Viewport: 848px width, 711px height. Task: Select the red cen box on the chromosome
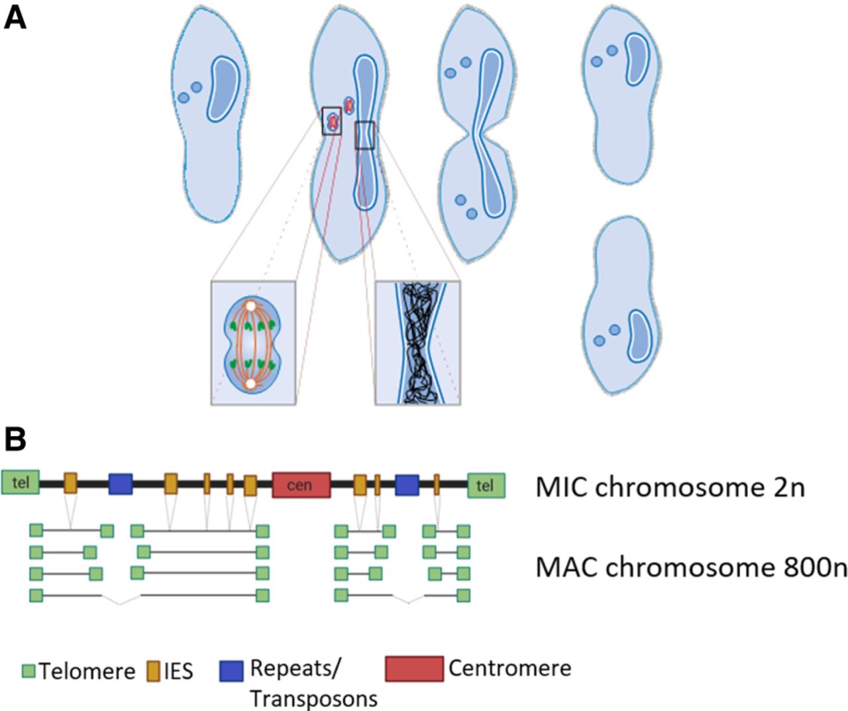point(301,484)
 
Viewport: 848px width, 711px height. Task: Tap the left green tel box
point(21,483)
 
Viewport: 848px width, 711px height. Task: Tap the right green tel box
point(486,485)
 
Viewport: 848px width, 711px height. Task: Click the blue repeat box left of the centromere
point(121,484)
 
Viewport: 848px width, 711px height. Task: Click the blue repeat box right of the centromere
point(407,484)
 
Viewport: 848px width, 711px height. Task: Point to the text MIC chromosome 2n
point(670,487)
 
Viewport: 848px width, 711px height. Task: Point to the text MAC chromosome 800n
point(691,567)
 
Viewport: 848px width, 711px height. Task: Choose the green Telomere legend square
point(28,671)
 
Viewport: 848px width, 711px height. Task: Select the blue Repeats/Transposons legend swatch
point(231,670)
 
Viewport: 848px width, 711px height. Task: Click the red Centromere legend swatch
point(414,669)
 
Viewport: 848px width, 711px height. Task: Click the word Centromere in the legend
point(509,668)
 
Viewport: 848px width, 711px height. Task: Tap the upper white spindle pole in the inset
point(250,307)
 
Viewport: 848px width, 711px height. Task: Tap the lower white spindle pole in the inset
point(250,383)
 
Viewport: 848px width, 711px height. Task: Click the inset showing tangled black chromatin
point(418,343)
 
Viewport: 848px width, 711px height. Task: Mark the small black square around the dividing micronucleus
point(332,121)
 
